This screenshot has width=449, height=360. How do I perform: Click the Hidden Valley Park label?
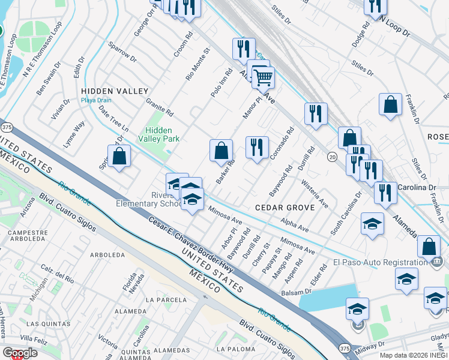coord(159,134)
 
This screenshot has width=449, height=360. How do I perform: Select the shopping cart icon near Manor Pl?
coord(263,77)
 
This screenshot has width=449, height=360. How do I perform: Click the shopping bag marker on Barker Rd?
coord(221,150)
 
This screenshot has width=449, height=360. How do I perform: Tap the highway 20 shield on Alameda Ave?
coord(332,156)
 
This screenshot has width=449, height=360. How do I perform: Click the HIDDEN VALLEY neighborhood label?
coord(114,91)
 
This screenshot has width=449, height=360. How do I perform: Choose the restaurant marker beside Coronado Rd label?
coord(257,147)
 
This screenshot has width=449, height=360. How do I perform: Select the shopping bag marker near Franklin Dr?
coord(390,104)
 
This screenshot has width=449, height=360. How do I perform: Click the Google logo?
coord(20,353)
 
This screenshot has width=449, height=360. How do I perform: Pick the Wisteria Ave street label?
coord(315,193)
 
